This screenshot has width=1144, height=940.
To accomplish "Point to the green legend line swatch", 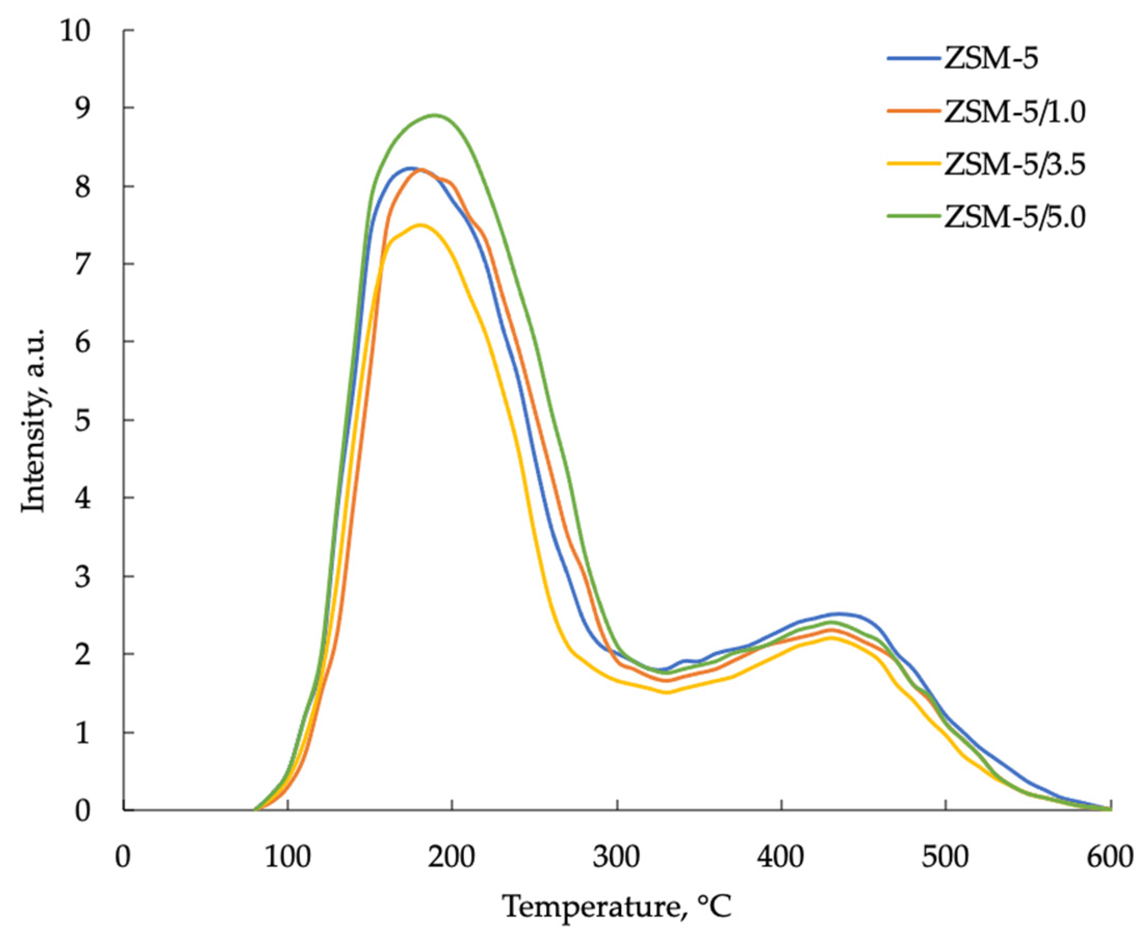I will [914, 216].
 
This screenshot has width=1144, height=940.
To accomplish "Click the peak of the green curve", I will [433, 115].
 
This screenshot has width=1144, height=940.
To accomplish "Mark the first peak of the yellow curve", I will [420, 225].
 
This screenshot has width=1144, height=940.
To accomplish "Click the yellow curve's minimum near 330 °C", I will [667, 692].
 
